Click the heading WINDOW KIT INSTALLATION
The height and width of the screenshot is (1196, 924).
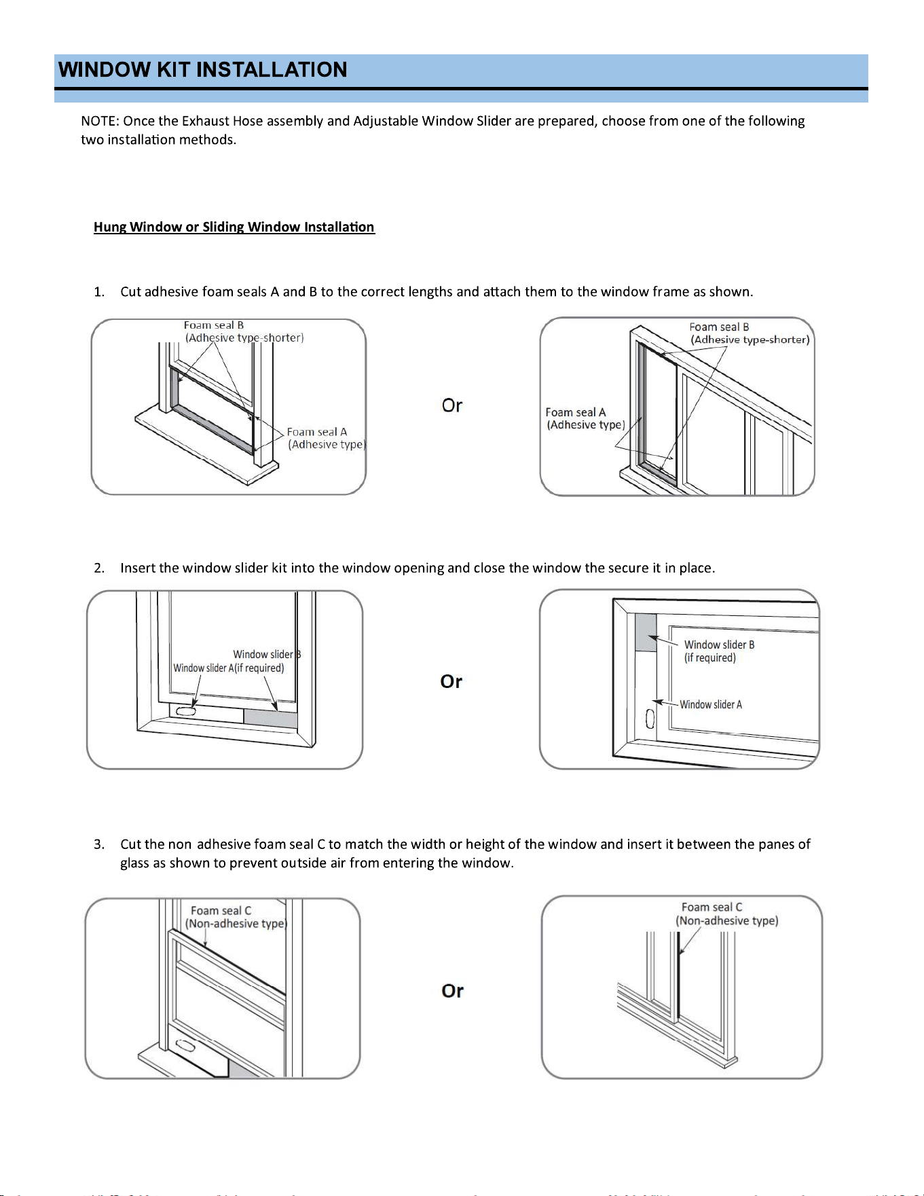[202, 70]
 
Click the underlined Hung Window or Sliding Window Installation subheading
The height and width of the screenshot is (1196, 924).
[234, 227]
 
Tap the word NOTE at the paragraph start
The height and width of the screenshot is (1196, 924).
[100, 121]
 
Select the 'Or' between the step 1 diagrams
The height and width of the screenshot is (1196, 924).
[452, 405]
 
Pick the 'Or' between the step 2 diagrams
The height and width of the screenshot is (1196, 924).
[451, 681]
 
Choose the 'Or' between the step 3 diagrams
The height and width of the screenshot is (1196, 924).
[453, 991]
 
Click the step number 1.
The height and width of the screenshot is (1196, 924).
[99, 292]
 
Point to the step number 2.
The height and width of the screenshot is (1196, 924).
[99, 568]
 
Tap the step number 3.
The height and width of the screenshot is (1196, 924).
[99, 844]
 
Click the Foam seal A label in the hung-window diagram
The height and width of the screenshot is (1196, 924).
[326, 438]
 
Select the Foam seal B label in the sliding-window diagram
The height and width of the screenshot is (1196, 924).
[750, 333]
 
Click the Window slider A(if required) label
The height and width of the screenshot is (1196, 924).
[229, 668]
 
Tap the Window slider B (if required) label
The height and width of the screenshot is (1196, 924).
[719, 651]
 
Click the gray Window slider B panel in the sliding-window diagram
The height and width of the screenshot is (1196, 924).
[646, 633]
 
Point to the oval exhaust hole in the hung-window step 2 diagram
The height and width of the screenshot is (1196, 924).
[185, 711]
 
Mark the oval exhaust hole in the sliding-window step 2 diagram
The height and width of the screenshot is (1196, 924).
[650, 719]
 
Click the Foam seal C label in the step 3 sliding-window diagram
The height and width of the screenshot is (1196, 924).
[726, 914]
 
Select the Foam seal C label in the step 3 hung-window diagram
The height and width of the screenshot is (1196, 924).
[236, 917]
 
